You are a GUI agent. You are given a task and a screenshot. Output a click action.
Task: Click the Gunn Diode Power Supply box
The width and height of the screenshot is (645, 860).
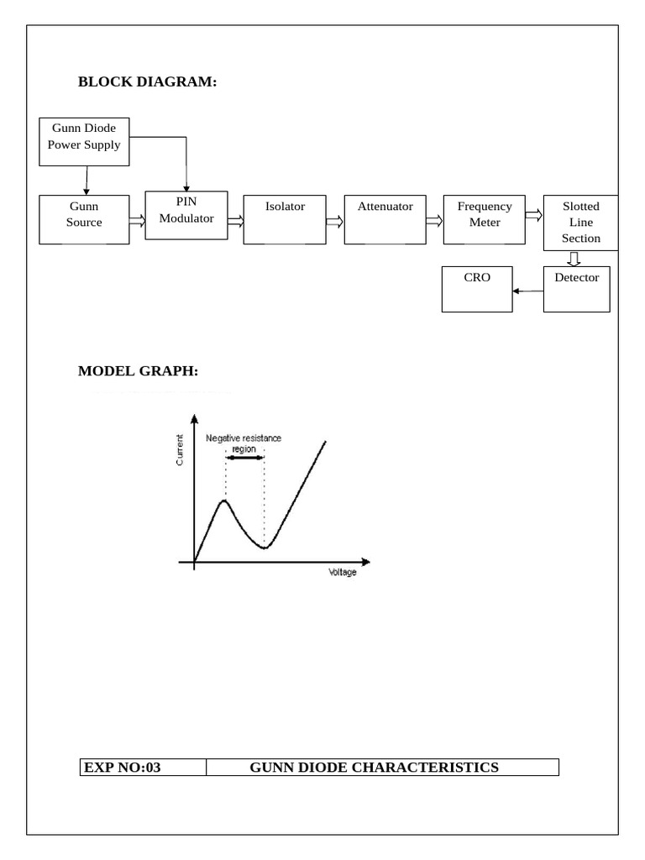84,141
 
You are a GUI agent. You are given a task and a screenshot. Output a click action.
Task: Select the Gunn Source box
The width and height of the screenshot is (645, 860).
84,219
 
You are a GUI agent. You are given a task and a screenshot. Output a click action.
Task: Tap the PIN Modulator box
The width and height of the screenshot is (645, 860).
186,215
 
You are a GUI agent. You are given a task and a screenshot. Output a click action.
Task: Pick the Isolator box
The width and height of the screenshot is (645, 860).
285,219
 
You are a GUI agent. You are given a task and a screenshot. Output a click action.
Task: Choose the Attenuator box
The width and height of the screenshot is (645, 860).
385,219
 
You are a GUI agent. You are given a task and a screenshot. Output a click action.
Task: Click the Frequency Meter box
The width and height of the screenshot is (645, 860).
485,219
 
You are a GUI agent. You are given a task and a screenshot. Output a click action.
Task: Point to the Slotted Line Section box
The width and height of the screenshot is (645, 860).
581,223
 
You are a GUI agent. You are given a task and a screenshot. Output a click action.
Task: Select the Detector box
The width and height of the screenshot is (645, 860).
576,289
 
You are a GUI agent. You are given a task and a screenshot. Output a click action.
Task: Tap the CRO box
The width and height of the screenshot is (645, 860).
477,289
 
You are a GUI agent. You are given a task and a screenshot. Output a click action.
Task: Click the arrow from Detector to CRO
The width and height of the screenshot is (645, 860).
528,291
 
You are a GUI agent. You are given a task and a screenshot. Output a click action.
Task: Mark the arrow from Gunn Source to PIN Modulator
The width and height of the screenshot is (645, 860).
137,221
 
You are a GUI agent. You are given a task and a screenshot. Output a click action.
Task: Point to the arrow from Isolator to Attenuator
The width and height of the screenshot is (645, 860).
334,222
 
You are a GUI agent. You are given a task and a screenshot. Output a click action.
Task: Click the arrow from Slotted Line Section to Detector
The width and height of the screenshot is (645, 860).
574,259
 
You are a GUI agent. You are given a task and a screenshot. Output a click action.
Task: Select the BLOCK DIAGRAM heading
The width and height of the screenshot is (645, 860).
148,81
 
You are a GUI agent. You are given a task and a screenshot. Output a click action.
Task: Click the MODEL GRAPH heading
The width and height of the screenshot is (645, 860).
139,370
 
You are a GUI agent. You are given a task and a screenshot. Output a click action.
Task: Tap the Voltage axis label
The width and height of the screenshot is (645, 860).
343,572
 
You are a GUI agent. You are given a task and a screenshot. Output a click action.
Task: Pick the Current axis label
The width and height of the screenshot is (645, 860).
180,450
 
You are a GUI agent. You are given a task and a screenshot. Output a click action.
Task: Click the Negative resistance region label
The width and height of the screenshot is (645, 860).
244,443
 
